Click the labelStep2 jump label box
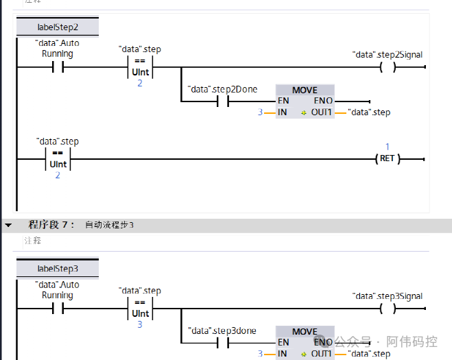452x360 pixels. click(58, 27)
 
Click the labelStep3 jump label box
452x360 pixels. click(58, 268)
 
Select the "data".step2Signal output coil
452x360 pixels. click(388, 67)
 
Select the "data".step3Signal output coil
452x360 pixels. click(388, 309)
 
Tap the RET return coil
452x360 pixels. click(388, 158)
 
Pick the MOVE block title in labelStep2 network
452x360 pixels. click(305, 90)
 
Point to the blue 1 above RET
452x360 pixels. click(388, 147)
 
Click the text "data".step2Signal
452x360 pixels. click(387, 53)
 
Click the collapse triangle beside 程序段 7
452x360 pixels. click(8, 225)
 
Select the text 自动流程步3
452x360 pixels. click(110, 225)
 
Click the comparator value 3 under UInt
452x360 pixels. click(140, 324)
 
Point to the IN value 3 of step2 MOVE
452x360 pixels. click(260, 112)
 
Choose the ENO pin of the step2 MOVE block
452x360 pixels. click(323, 101)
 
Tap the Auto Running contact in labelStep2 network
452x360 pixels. click(58, 67)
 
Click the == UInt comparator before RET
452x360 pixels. click(58, 158)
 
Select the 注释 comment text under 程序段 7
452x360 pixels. click(32, 241)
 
